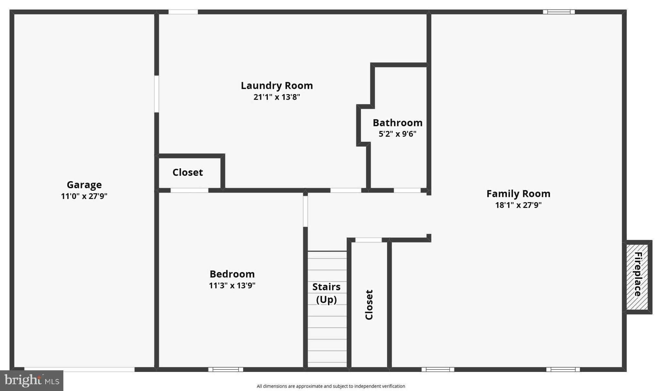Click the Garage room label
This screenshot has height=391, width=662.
click(x=84, y=185)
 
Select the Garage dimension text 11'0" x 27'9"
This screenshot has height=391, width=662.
click(x=84, y=196)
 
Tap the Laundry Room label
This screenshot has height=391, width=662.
click(x=277, y=86)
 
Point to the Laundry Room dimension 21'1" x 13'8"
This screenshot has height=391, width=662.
click(x=277, y=97)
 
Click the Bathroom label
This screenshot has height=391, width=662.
click(x=397, y=123)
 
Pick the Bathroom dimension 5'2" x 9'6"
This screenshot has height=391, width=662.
click(x=397, y=134)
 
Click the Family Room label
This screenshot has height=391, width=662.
click(x=518, y=194)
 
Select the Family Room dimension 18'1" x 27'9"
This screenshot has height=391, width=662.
click(x=518, y=205)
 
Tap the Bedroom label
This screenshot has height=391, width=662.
click(x=232, y=274)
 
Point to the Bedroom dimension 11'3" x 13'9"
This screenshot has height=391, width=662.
click(x=232, y=286)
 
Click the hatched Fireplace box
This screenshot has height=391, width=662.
click(x=637, y=277)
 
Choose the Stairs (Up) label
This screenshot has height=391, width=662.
click(x=326, y=293)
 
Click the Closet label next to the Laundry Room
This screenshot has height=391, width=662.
click(x=187, y=172)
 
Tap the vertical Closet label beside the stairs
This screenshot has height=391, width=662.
click(x=369, y=305)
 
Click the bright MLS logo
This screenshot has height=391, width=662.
click(x=32, y=380)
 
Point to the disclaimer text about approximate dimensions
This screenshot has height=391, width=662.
click(x=331, y=386)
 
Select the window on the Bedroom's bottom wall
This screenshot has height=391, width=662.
click(x=226, y=369)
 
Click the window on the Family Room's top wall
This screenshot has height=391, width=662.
click(x=559, y=12)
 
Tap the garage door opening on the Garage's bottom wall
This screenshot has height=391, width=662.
click(x=79, y=369)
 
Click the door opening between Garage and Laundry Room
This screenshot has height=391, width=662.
click(x=156, y=94)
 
